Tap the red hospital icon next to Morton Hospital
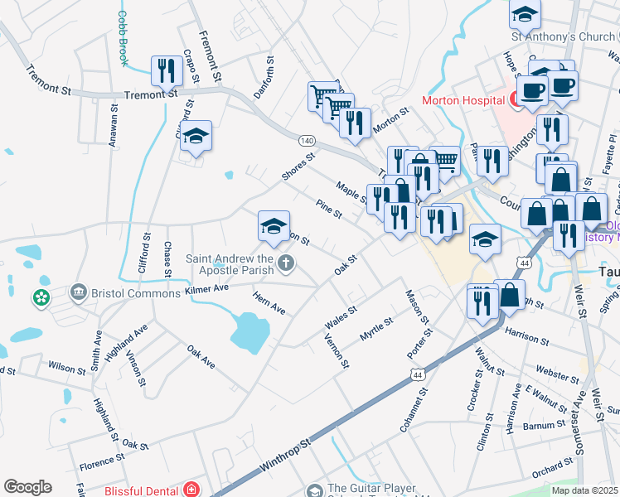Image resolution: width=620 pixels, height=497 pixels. pyautogui.click(x=514, y=100)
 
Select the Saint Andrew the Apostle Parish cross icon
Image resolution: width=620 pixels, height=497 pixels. pyautogui.click(x=286, y=264)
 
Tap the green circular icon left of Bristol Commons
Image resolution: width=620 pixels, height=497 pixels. pyautogui.click(x=41, y=296)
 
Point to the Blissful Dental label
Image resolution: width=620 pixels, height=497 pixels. pyautogui.click(x=142, y=490)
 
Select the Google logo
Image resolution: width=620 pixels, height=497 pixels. pyautogui.click(x=27, y=487)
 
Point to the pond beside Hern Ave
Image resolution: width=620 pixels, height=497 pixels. pyautogui.click(x=249, y=331)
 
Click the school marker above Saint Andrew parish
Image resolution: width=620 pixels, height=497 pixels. pyautogui.click(x=274, y=227)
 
